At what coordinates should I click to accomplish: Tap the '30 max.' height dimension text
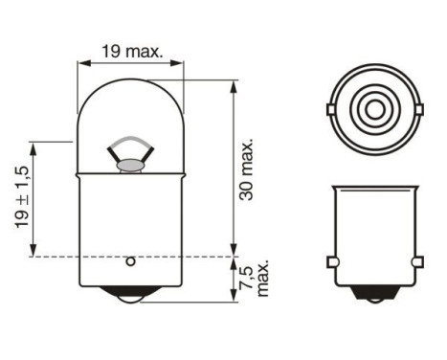[x=247, y=169]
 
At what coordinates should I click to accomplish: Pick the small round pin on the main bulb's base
[x=131, y=260]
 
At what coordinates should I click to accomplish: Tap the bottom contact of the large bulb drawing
[x=131, y=299]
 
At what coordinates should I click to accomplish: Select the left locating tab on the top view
[x=329, y=110]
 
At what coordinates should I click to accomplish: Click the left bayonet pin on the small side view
[x=332, y=261]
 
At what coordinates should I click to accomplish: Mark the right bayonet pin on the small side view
[x=417, y=261]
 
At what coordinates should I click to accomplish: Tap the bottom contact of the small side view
[x=375, y=300]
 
